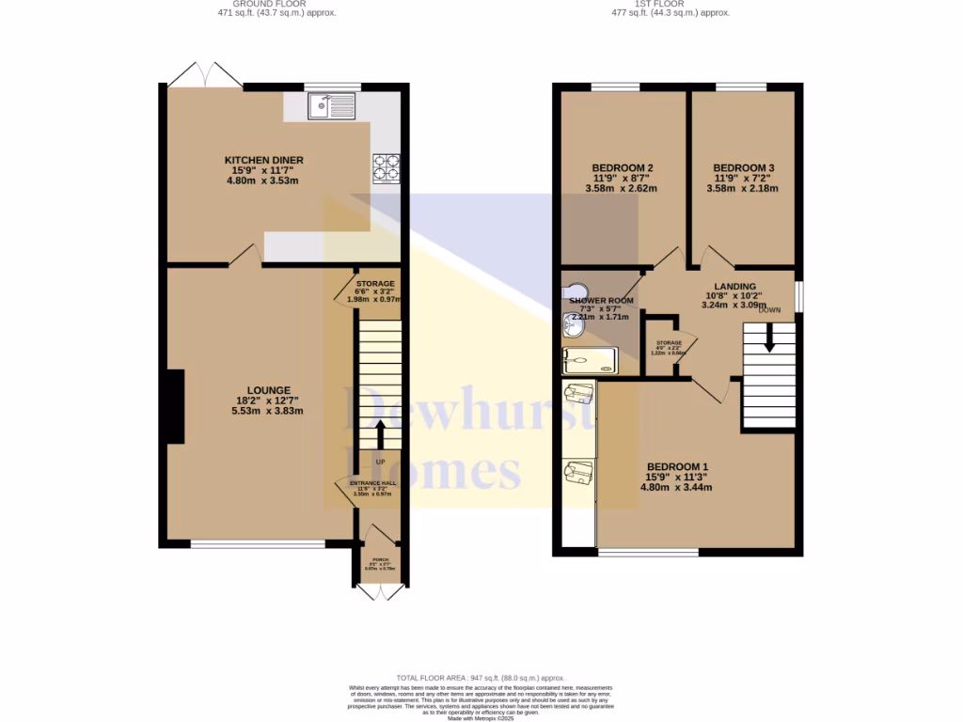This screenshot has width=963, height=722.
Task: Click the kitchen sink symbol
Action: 330,106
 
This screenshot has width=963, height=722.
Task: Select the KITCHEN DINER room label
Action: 263,160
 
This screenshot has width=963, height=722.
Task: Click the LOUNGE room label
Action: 269,390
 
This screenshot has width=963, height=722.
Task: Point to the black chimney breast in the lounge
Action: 174,405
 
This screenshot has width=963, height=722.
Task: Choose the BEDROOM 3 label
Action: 743,168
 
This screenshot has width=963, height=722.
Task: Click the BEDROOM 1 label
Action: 676,467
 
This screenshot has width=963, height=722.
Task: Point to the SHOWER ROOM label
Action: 601,301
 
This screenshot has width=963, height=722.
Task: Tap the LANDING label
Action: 735,287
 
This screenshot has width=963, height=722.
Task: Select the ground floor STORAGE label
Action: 374,283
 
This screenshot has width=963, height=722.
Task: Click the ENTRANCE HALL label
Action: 373,483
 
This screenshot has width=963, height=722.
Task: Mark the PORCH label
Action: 380,559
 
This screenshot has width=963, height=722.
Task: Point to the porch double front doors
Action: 380,591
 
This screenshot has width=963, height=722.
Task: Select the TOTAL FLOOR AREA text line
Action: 481,678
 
